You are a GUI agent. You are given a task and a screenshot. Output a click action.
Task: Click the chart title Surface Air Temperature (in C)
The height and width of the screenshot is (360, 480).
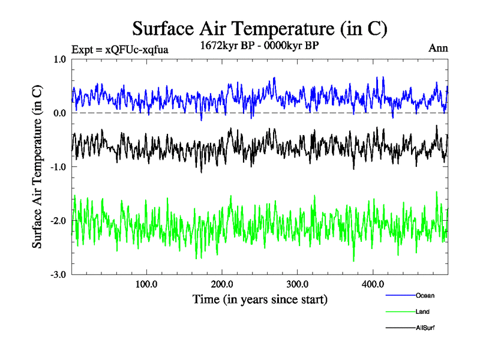pyautogui.click(x=259, y=28)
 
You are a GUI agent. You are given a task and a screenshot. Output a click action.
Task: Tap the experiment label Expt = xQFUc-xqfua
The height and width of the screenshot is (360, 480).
pyautogui.click(x=119, y=50)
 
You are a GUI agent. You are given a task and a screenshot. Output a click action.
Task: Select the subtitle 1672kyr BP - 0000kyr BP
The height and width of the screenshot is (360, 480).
pyautogui.click(x=259, y=46)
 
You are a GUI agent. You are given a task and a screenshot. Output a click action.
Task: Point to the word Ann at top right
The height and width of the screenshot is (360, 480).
pyautogui.click(x=438, y=48)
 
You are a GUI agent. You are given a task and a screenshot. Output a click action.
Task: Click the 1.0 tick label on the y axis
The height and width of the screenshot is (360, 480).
pyautogui.click(x=59, y=59)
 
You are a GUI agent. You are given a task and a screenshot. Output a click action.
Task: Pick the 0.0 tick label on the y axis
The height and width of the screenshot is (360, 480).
pyautogui.click(x=59, y=113)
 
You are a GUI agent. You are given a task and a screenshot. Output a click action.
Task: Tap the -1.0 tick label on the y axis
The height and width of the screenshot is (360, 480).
pyautogui.click(x=58, y=167)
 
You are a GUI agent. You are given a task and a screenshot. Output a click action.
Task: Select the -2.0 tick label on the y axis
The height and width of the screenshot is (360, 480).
pyautogui.click(x=58, y=221)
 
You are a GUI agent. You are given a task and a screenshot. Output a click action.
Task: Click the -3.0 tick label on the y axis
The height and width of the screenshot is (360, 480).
pyautogui.click(x=58, y=275)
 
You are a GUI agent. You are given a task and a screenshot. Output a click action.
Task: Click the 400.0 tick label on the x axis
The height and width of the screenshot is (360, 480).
pyautogui.click(x=373, y=284)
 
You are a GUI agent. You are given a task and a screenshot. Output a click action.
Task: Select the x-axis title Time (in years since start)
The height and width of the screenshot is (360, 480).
pyautogui.click(x=260, y=299)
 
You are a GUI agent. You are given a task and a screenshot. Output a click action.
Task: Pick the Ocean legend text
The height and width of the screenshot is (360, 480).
pyautogui.click(x=425, y=295)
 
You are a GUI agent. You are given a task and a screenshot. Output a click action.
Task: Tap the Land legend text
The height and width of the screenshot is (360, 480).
pyautogui.click(x=422, y=311)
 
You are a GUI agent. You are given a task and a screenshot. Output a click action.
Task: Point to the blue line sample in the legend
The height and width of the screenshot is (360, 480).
pyautogui.click(x=399, y=295)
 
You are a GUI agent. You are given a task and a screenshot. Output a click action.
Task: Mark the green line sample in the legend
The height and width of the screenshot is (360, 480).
pyautogui.click(x=399, y=311)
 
